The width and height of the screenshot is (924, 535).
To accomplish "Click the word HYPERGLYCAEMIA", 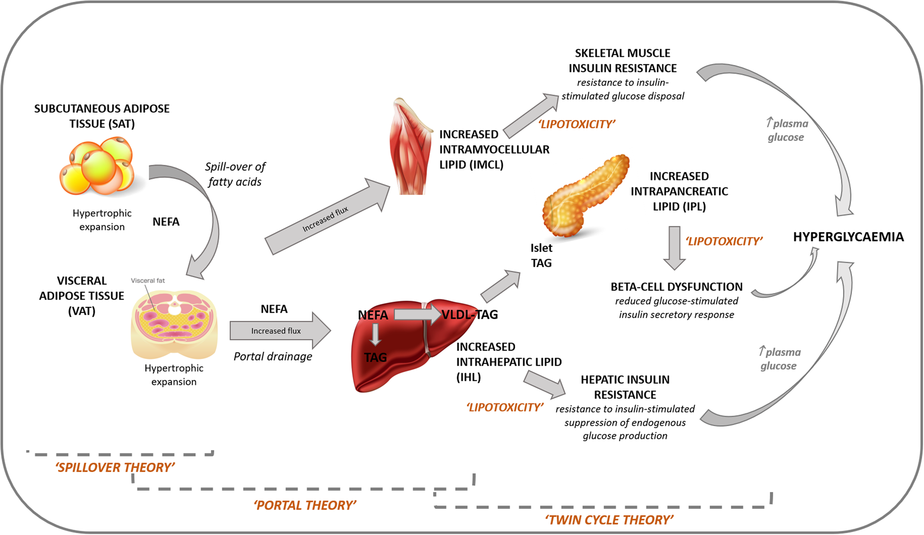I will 848,237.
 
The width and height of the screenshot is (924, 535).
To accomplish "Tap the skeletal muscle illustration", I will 409,148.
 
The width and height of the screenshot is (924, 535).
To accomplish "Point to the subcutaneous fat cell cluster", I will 97,166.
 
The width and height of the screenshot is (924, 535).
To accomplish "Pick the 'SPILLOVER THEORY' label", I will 115,468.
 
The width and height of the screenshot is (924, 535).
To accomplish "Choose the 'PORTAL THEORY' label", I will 305,505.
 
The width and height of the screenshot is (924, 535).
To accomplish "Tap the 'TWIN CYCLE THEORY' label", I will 609,520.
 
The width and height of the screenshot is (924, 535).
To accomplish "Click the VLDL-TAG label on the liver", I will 470,315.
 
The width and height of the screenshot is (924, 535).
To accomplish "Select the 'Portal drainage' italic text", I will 273,356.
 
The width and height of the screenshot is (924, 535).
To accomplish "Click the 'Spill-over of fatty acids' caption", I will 235,174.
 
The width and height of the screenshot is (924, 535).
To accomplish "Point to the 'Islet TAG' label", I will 541,255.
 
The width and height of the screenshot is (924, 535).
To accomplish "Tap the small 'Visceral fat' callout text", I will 147,281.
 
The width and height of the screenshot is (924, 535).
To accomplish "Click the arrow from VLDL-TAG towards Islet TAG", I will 501,286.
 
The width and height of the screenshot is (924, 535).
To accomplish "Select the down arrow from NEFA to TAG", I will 375,334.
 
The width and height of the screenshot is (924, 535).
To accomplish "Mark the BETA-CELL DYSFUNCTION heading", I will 676,287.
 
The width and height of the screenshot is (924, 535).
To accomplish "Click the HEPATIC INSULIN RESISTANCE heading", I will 625,387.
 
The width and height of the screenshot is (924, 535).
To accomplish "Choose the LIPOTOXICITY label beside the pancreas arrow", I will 723,241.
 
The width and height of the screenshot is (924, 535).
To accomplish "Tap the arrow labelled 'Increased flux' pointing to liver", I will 280,331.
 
